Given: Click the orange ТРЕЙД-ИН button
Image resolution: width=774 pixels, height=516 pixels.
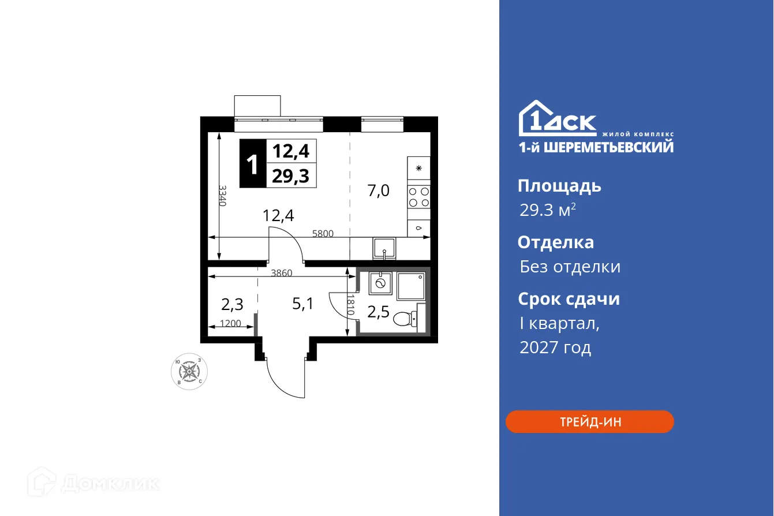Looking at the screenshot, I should pyautogui.click(x=589, y=422).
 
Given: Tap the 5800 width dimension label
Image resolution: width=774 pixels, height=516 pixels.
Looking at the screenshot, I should pyautogui.click(x=323, y=234).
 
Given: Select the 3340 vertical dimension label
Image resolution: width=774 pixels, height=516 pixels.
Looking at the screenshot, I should pyautogui.click(x=222, y=196).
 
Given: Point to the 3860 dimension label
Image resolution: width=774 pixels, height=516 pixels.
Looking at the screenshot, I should pyautogui.click(x=282, y=273).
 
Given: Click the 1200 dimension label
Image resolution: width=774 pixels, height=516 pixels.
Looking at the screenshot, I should pyautogui.click(x=231, y=324).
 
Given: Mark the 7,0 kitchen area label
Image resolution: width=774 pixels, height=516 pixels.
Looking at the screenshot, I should pyautogui.click(x=379, y=190).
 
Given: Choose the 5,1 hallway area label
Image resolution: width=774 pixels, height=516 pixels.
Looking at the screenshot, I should pyautogui.click(x=302, y=304).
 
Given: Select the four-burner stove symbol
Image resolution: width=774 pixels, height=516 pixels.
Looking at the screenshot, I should pyautogui.click(x=419, y=197).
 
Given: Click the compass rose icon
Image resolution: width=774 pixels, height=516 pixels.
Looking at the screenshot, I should pyautogui.click(x=190, y=370).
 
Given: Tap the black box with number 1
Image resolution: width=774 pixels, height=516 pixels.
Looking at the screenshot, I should pyautogui.click(x=252, y=164).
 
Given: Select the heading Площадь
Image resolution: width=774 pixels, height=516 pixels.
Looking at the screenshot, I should pyautogui.click(x=559, y=186).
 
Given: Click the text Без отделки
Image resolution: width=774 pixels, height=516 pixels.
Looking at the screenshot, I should pyautogui.click(x=570, y=267).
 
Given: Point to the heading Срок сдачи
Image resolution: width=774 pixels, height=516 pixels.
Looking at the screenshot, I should pyautogui.click(x=568, y=299).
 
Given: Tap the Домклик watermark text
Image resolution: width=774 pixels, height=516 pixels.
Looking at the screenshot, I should pyautogui.click(x=110, y=483).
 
